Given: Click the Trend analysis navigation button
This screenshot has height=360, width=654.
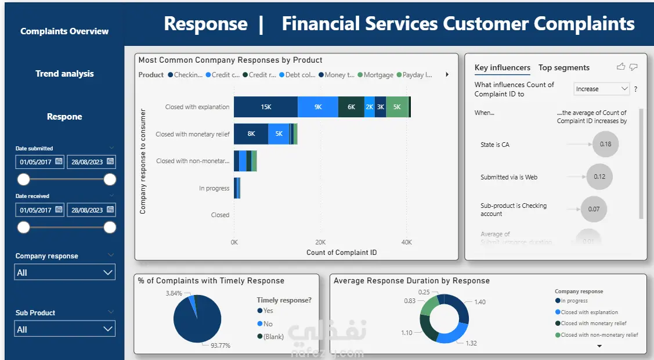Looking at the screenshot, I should click(x=64, y=74).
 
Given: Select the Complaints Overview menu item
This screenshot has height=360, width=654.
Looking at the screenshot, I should click(x=64, y=31).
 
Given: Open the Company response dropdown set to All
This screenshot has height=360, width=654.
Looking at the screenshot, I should click(x=64, y=272).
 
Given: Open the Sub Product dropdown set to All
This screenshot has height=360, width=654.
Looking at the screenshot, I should click(x=64, y=329).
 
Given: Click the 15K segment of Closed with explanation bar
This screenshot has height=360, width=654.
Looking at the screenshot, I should click(x=266, y=107).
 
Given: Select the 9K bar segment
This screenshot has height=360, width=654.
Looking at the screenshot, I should click(x=318, y=107).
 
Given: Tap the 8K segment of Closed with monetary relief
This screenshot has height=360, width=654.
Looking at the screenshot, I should click(x=251, y=134).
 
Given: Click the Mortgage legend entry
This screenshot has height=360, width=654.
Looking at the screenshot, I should click(x=378, y=75).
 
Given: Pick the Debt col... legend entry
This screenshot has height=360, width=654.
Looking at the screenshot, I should click(x=300, y=75).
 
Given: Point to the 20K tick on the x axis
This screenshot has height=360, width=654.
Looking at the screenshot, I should click(x=320, y=242).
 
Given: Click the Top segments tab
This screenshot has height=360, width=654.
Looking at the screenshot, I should click(x=563, y=68).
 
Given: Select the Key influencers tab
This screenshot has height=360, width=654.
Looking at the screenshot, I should click(x=502, y=68).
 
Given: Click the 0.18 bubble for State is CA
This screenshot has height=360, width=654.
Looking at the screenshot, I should click(x=605, y=145).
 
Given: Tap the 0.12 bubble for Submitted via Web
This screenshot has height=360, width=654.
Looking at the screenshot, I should click(x=599, y=177).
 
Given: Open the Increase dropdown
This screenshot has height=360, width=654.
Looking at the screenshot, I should click(x=602, y=89).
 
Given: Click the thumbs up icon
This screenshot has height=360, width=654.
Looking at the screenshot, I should click(x=621, y=67).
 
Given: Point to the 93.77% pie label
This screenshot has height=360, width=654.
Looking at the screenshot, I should click(x=220, y=345).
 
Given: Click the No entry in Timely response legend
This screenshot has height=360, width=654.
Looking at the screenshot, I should click(x=268, y=324).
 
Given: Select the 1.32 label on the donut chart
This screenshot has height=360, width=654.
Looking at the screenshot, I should click(x=471, y=343).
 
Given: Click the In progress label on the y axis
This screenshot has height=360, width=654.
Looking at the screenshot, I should click(x=214, y=188).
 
